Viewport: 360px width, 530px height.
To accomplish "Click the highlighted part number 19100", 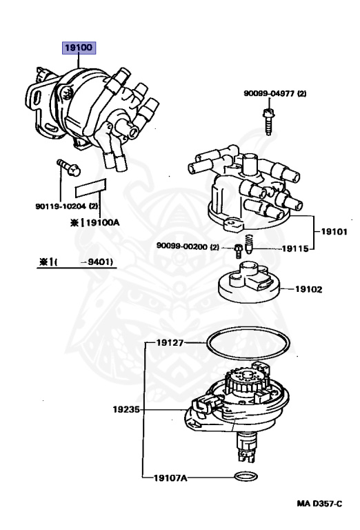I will [x=77, y=49].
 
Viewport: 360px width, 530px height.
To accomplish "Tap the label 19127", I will [x=170, y=342].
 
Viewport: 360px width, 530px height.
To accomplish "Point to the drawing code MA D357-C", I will [x=319, y=504].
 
